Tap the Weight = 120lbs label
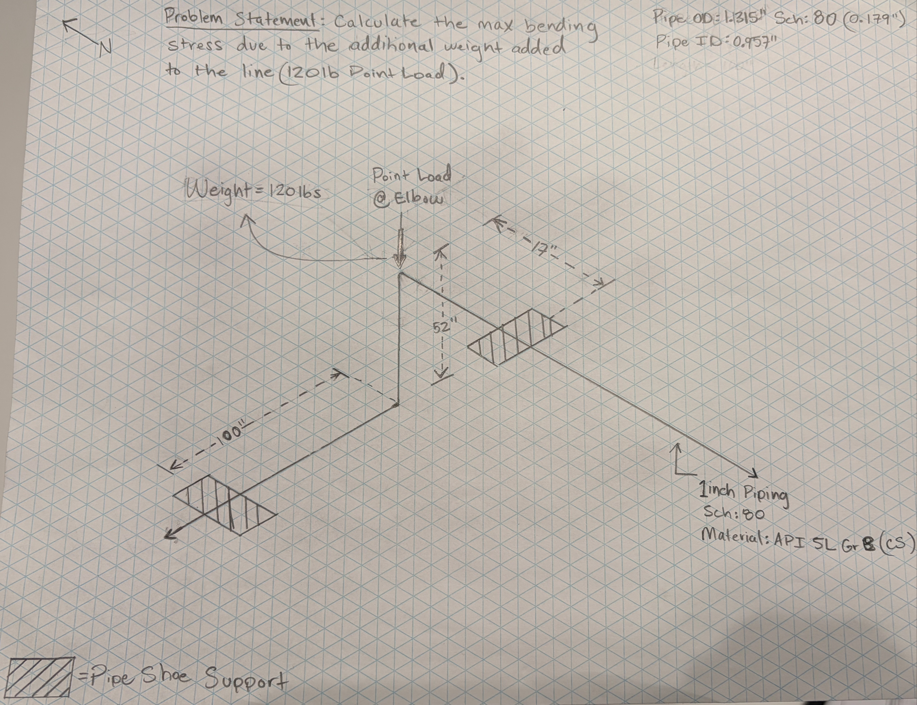(254, 191)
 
